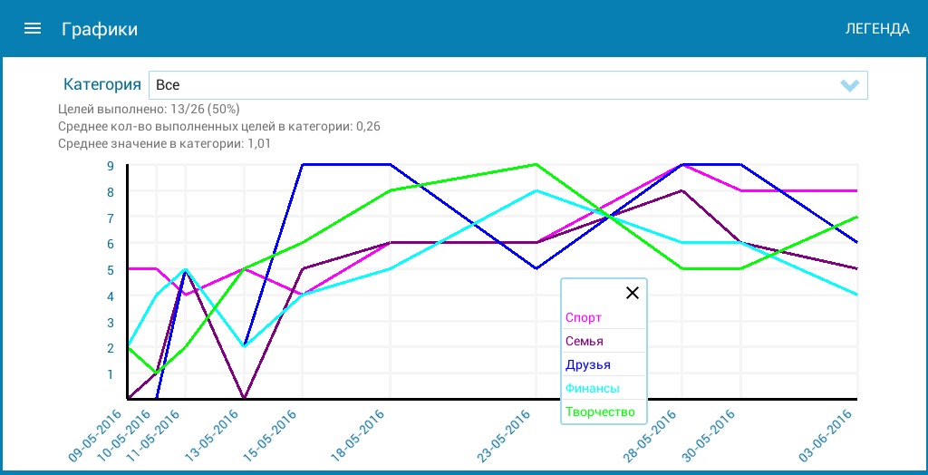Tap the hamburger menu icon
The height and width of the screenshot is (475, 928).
tap(33, 28)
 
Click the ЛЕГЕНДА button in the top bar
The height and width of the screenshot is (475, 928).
tap(876, 29)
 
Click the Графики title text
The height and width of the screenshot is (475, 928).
tap(100, 29)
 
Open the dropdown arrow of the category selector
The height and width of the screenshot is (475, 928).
tap(849, 85)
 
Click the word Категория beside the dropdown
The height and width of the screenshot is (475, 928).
tap(101, 85)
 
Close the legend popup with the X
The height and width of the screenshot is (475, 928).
tap(633, 293)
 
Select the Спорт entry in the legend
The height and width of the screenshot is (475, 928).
tap(584, 318)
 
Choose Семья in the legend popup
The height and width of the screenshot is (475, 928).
tap(585, 342)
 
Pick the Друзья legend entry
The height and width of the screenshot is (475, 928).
tap(587, 365)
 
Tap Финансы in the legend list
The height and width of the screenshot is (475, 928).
tap(593, 389)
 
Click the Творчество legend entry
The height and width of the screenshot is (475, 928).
tap(600, 412)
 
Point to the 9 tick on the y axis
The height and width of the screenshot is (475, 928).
tap(110, 166)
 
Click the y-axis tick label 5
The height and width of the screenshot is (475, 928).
tap(110, 270)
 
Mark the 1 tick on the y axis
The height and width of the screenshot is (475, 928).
tap(110, 374)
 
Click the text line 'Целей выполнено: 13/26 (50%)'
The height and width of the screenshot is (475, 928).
tap(149, 109)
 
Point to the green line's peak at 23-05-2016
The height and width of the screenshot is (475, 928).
tap(536, 165)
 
